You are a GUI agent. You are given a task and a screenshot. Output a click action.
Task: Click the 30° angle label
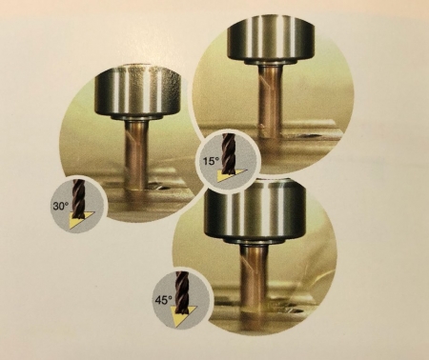pyautogui.click(x=61, y=206)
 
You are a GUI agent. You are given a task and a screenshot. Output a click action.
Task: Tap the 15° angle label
pyautogui.click(x=212, y=161)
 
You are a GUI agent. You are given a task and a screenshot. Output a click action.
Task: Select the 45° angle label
pyautogui.click(x=164, y=300)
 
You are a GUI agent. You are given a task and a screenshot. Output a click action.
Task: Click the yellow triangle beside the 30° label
pyautogui.click(x=80, y=220)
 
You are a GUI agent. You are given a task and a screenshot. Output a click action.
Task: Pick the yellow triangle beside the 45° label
pyautogui.click(x=184, y=315)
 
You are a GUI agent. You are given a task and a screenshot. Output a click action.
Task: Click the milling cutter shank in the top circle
pyautogui.click(x=270, y=98)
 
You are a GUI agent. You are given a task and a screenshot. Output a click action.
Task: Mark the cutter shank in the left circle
pyautogui.click(x=136, y=154)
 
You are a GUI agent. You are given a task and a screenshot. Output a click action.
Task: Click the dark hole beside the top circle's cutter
pyautogui.click(x=308, y=135)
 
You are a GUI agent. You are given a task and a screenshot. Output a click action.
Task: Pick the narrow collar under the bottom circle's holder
pyautogui.click(x=254, y=241)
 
